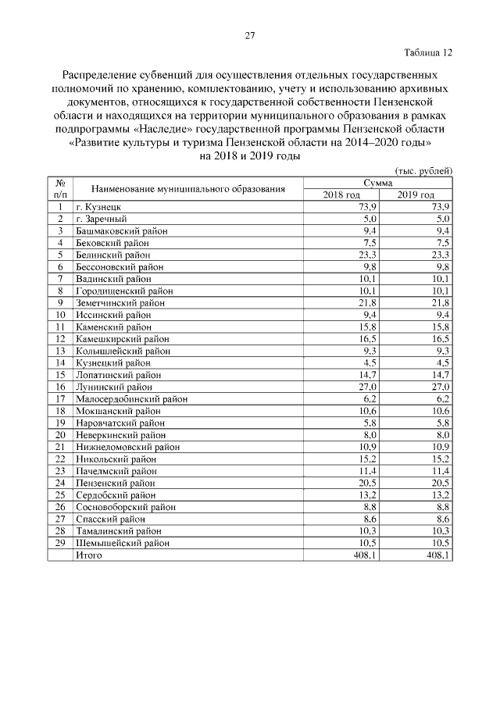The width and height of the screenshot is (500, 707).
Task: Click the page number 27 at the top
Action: click(250, 35)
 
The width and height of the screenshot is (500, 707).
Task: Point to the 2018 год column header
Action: click(341, 195)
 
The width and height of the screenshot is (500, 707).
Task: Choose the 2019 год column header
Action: click(416, 195)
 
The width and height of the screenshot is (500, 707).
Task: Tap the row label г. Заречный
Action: click(101, 219)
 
